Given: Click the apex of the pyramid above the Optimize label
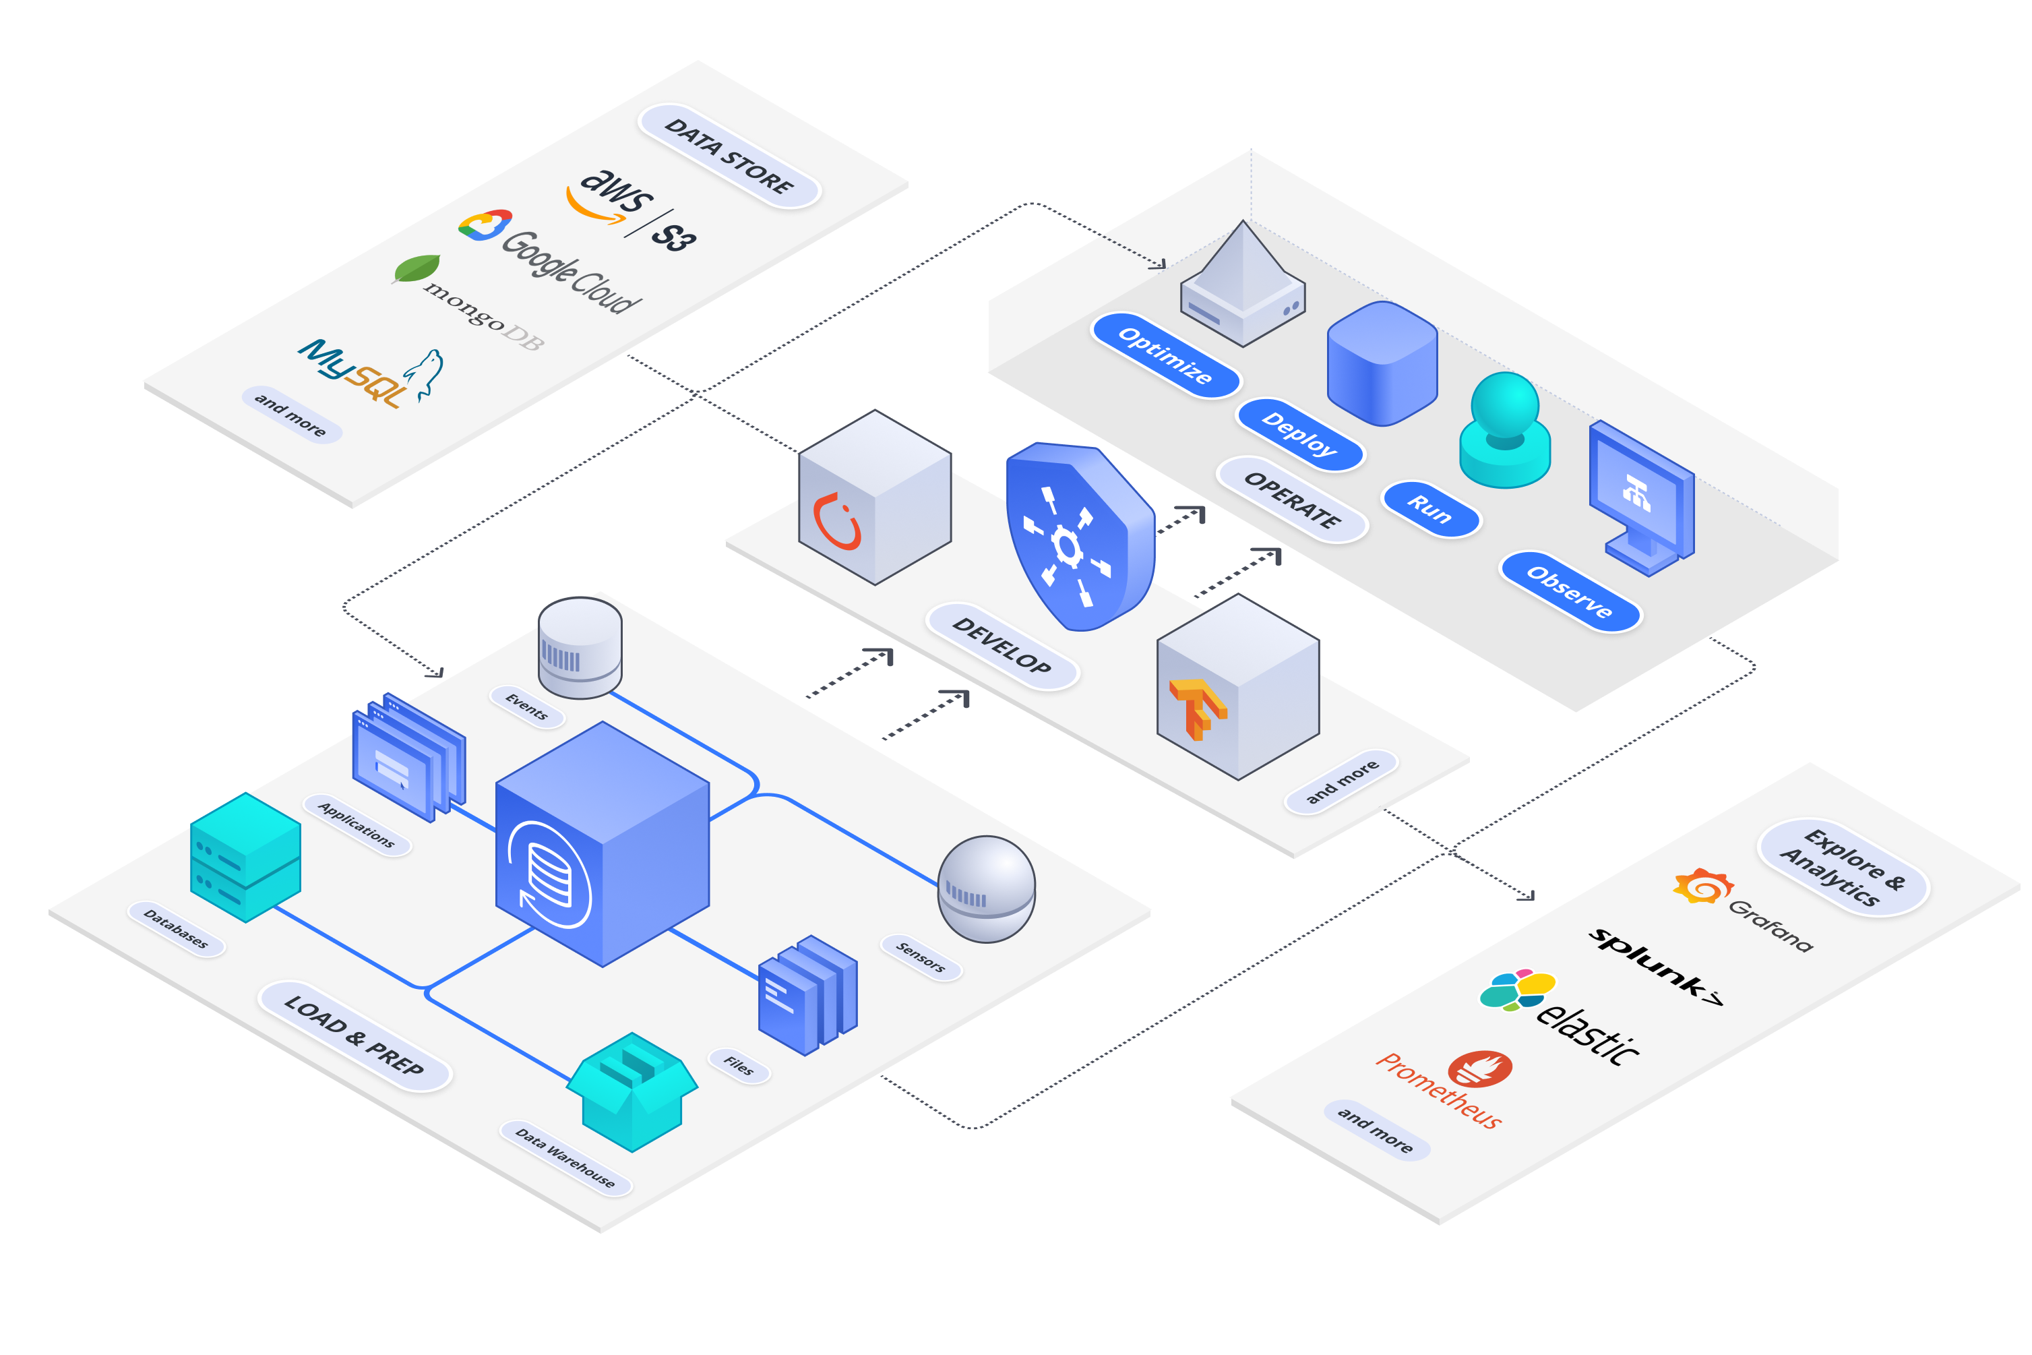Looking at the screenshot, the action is click(1243, 220).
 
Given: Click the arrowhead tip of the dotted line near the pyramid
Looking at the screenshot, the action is click(1165, 268).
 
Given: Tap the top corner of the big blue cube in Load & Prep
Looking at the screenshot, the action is click(603, 723).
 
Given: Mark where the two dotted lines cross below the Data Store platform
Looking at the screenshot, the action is click(696, 394).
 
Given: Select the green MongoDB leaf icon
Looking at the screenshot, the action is click(417, 269).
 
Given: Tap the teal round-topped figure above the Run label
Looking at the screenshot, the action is click(1505, 429).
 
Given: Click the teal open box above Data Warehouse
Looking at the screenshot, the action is click(632, 1091).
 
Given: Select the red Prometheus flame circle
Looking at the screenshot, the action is click(1480, 1069).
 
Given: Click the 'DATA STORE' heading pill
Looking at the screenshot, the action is click(729, 156).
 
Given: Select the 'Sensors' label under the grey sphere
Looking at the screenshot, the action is click(921, 957).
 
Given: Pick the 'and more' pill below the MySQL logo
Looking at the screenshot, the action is click(291, 414).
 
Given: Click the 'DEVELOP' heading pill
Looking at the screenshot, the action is click(1002, 646).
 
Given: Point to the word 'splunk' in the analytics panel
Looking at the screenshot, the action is click(1646, 961).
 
